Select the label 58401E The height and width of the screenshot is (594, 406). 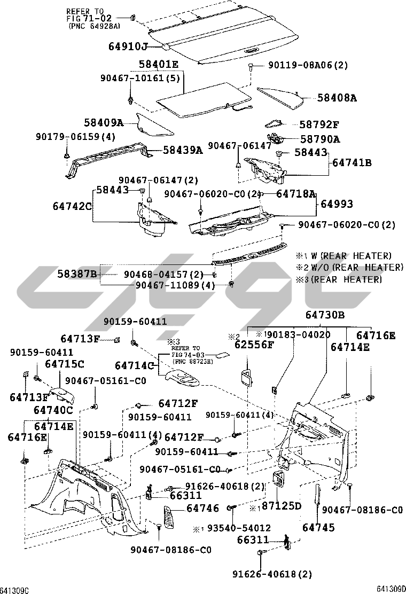pyautogui.click(x=159, y=65)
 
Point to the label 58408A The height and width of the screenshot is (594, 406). pyautogui.click(x=337, y=98)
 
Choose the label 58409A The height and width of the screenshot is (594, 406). pyautogui.click(x=104, y=123)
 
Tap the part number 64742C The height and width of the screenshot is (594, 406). pyautogui.click(x=73, y=206)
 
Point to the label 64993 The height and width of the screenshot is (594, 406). pyautogui.click(x=337, y=204)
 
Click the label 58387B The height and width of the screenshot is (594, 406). pyautogui.click(x=77, y=275)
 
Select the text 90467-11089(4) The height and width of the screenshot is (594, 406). pyautogui.click(x=175, y=285)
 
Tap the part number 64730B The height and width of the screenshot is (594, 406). pyautogui.click(x=325, y=316)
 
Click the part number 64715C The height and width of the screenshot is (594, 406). pyautogui.click(x=64, y=364)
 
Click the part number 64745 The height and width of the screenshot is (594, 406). pyautogui.click(x=318, y=528)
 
